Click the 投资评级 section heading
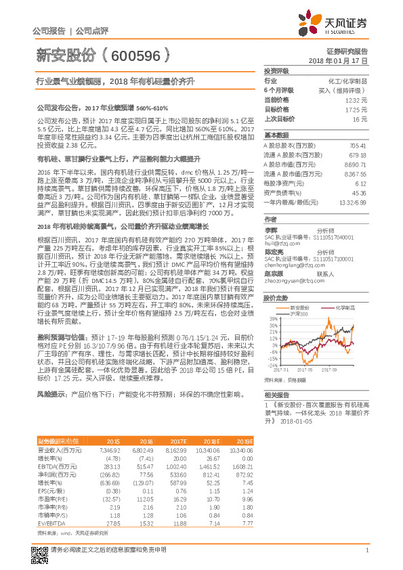click(276, 70)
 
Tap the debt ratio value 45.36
click(360, 193)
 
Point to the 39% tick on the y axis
click(273, 318)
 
